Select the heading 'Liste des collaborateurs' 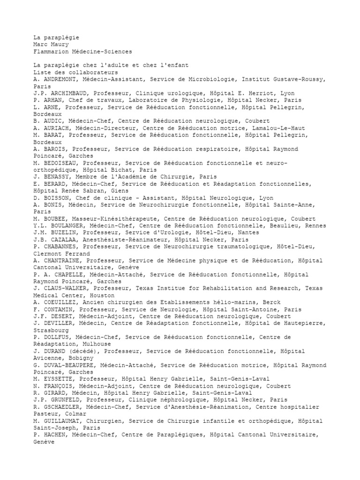(76, 73)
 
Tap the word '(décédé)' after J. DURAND (86, 351)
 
